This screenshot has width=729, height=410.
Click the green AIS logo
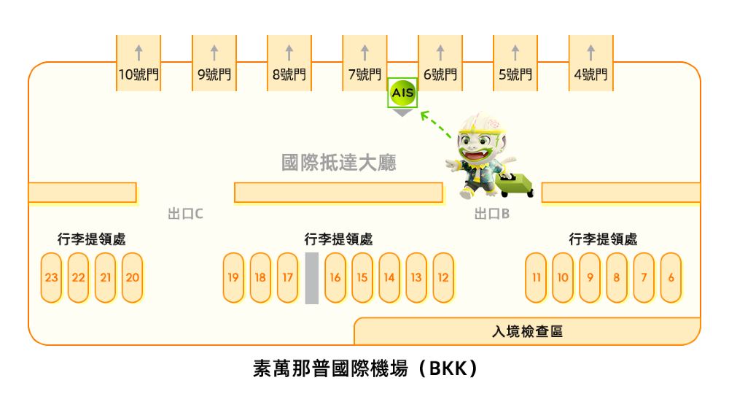[x=402, y=93]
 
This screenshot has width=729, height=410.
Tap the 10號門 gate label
[x=139, y=74]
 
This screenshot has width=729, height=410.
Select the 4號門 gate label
[x=590, y=74]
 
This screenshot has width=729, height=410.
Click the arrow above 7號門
[x=364, y=53]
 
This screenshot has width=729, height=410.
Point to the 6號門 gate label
[x=440, y=74]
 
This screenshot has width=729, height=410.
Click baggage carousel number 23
[x=51, y=277]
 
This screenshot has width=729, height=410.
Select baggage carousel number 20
[x=132, y=277]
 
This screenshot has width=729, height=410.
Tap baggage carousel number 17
[x=287, y=277]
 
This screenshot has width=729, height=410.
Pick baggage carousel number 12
[x=443, y=277]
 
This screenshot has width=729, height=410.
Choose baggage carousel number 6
[x=671, y=277]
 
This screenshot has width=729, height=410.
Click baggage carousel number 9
[x=590, y=277]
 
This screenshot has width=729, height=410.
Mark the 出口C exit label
[x=185, y=214]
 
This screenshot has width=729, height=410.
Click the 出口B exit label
[x=491, y=214]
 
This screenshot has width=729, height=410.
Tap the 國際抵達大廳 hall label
[x=339, y=162]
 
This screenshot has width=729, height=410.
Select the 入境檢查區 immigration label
[x=527, y=332]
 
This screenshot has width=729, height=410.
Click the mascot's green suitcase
[x=517, y=185]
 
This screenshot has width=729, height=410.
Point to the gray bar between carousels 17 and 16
[x=311, y=277]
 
